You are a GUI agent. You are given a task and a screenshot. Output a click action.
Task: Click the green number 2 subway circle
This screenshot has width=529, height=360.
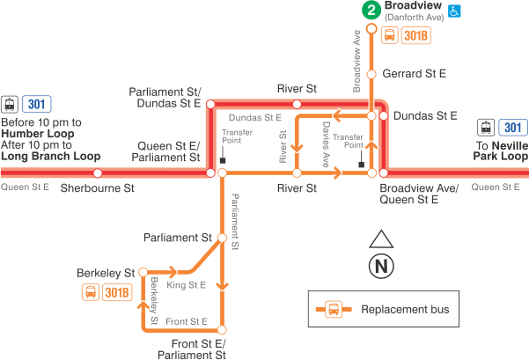click(371, 11)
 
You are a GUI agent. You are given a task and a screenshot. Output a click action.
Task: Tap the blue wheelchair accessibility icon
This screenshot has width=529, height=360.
click(455, 11)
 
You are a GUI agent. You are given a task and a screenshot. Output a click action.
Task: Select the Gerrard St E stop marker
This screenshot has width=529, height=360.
click(371, 74)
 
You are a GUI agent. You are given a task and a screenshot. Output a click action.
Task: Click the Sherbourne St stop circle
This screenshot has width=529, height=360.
click(98, 173)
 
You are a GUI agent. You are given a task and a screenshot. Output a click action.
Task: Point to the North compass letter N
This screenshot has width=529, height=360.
click(381, 264)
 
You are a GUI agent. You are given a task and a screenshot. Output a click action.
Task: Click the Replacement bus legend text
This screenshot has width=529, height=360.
click(405, 309)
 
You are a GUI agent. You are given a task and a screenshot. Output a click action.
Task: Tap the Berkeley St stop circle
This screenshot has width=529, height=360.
click(142, 273)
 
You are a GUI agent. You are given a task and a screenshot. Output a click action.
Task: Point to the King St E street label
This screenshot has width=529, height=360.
click(186, 285)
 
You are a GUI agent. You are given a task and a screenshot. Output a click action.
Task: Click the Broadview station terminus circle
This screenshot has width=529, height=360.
click(371, 29)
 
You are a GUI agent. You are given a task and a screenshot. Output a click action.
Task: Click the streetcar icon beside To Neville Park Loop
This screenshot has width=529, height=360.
click(484, 127)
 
